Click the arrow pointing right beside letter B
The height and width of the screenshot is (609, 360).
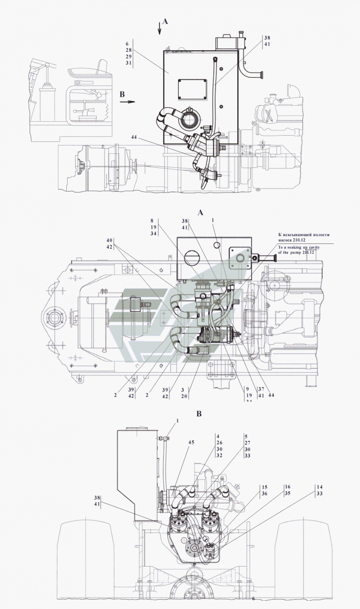pos(127,102)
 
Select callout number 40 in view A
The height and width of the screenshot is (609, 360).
pos(109,241)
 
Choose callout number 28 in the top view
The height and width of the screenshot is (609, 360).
pos(128,50)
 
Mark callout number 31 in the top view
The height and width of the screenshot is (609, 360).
pos(128,63)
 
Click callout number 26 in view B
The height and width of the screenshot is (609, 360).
pos(219,442)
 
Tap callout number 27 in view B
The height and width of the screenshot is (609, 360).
pos(247,443)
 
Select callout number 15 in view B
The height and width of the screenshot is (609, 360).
pos(264,487)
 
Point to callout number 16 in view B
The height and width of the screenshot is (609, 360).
pos(287,487)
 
